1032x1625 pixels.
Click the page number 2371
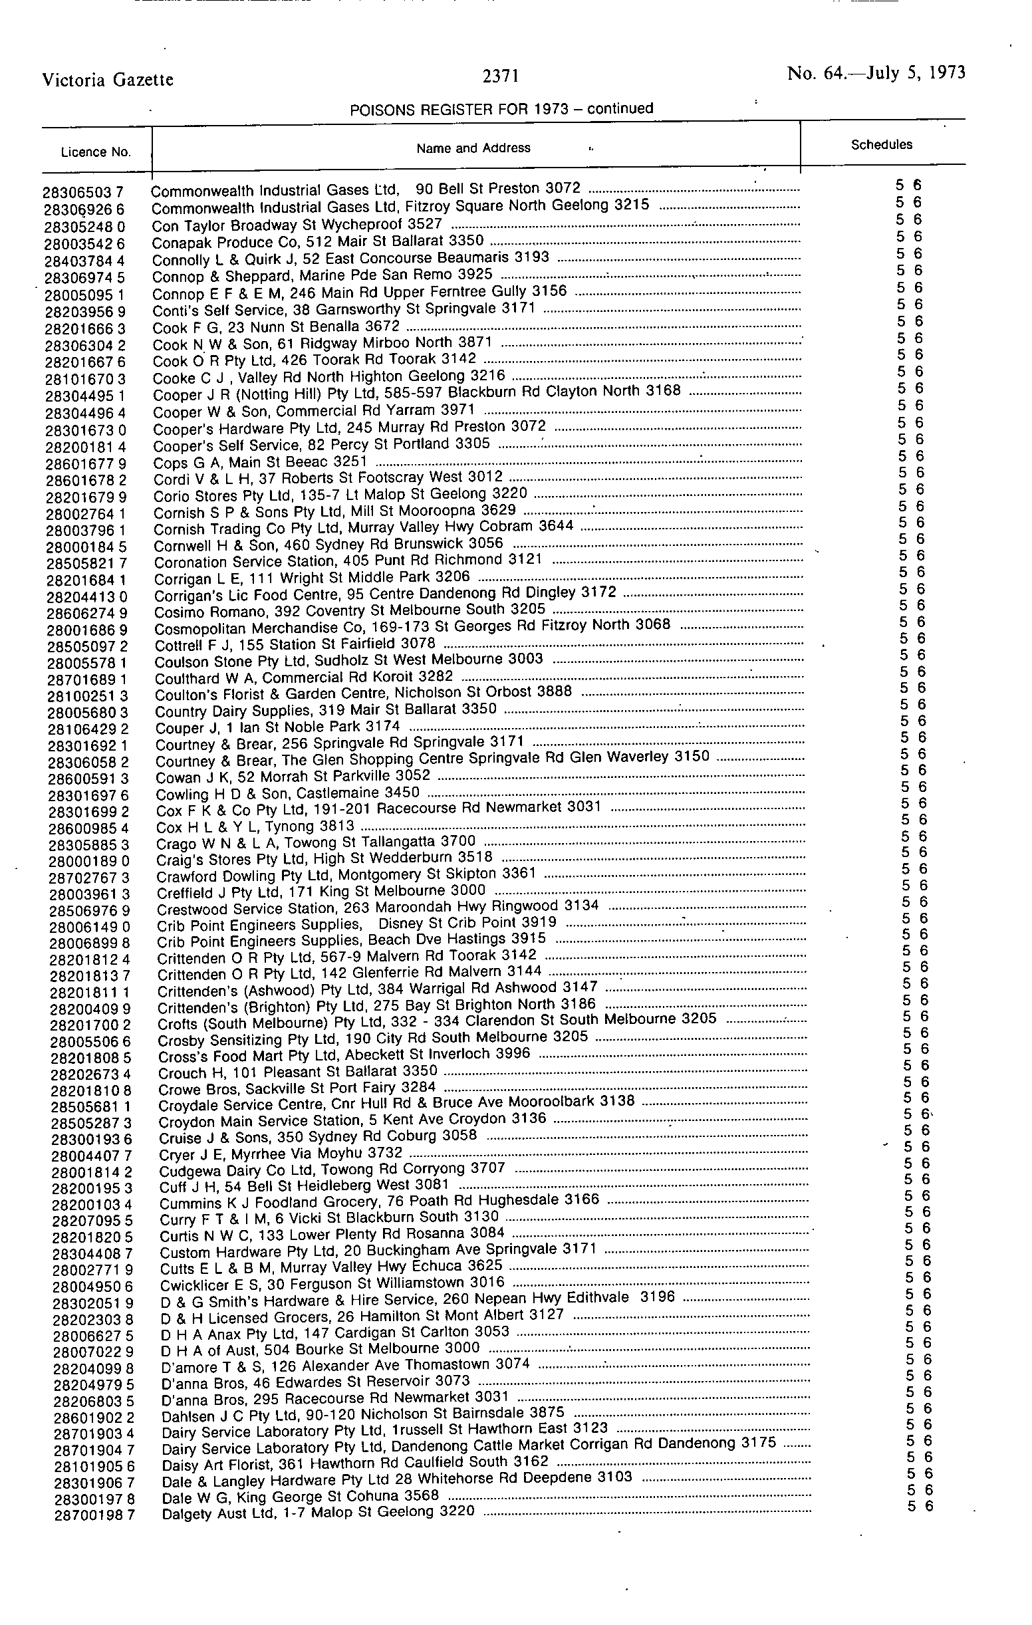pyautogui.click(x=500, y=78)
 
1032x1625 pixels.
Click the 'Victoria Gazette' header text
pyautogui.click(x=108, y=80)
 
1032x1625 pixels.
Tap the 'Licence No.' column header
pyautogui.click(x=96, y=152)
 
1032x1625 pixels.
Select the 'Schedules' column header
pyautogui.click(x=882, y=144)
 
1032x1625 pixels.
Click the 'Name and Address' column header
pyautogui.click(x=473, y=148)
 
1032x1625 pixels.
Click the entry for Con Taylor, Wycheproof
pyautogui.click(x=297, y=225)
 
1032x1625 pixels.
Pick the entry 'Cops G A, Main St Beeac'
pyautogui.click(x=260, y=462)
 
